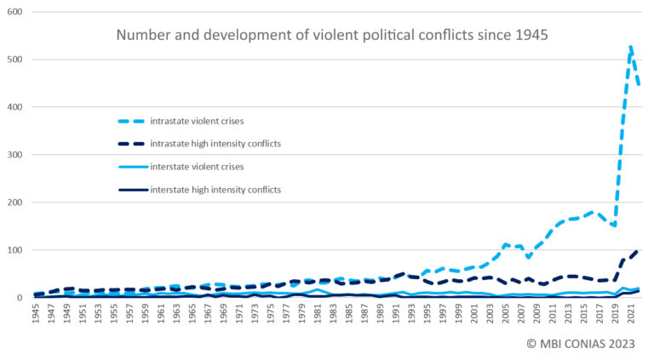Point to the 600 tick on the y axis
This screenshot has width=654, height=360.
(14, 13)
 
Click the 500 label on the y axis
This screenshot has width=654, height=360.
(14, 60)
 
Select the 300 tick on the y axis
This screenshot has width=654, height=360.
(14, 156)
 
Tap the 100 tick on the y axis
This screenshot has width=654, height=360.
(14, 250)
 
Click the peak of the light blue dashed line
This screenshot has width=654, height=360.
(631, 46)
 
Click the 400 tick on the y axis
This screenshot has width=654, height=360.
(14, 108)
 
